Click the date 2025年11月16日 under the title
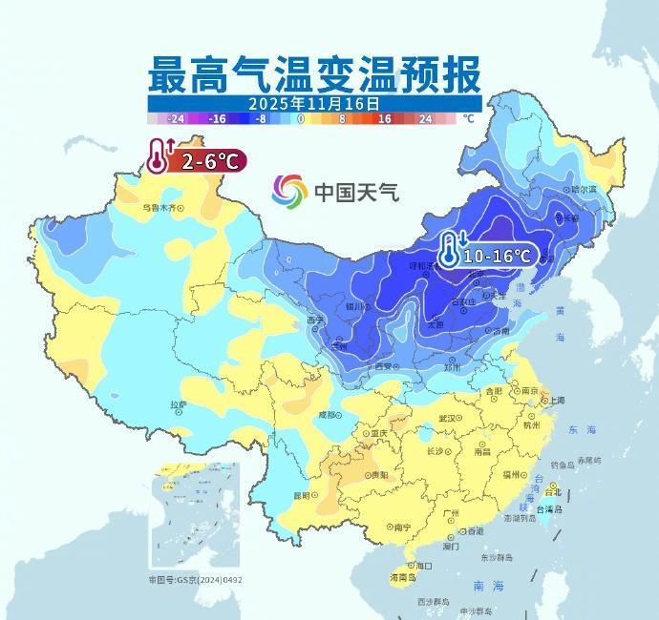(314, 103)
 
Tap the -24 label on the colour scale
(176, 119)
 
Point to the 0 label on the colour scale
(301, 119)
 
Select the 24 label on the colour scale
(425, 119)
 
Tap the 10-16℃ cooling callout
(496, 255)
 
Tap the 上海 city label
(555, 401)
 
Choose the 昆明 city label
(302, 495)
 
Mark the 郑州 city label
(452, 366)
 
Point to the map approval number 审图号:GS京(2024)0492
(195, 579)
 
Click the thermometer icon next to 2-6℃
(159, 156)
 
